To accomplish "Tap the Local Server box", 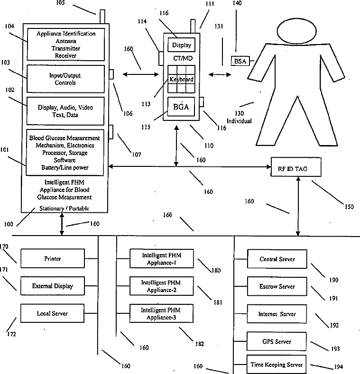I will tap(52, 313).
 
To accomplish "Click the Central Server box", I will tap(277, 259).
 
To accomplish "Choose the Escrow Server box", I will tap(277, 286).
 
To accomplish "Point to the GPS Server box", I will tap(277, 341).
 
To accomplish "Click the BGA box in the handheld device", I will tap(181, 107).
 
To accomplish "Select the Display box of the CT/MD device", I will tap(181, 46).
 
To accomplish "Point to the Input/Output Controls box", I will tap(65, 79).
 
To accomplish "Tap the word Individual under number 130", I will tap(242, 121).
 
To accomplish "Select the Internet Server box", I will tap(277, 314).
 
